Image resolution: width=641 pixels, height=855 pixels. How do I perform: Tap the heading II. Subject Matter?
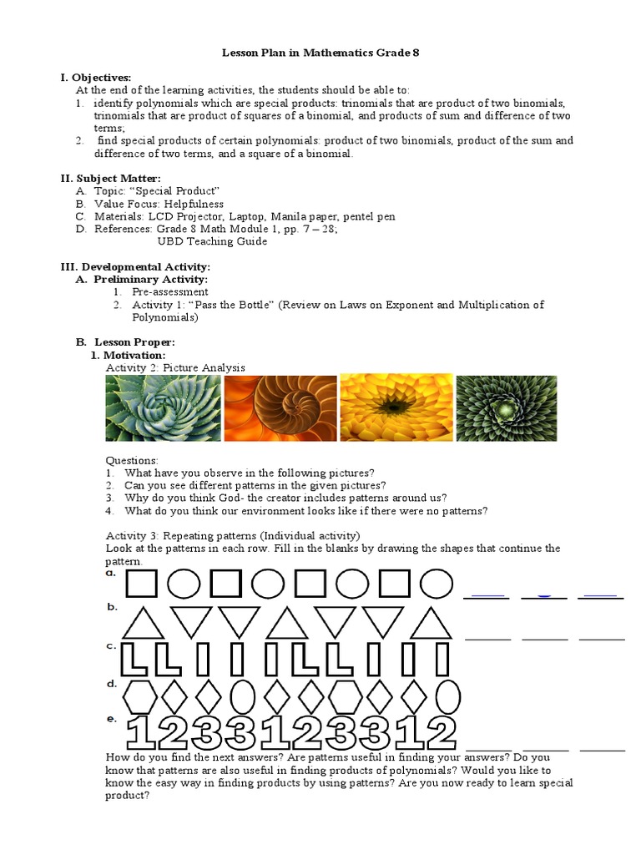(x=110, y=178)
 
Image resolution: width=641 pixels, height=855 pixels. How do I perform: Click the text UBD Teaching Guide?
(x=212, y=241)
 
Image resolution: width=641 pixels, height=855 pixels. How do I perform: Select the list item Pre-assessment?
(x=169, y=292)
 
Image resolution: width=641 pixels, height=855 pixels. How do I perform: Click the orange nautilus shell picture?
(x=280, y=407)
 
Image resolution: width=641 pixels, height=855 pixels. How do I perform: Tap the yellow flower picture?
(x=396, y=407)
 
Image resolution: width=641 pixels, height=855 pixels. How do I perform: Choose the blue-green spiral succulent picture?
(x=164, y=407)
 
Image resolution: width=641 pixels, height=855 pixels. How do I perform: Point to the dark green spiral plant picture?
(x=512, y=407)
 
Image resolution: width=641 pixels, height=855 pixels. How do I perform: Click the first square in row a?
(x=141, y=584)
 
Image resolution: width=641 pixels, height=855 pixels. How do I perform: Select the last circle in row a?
(x=437, y=584)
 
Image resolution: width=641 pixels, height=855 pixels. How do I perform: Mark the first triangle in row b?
(x=143, y=624)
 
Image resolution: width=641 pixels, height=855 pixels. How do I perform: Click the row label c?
(x=110, y=645)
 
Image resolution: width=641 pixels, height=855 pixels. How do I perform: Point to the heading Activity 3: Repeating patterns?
(x=232, y=535)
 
